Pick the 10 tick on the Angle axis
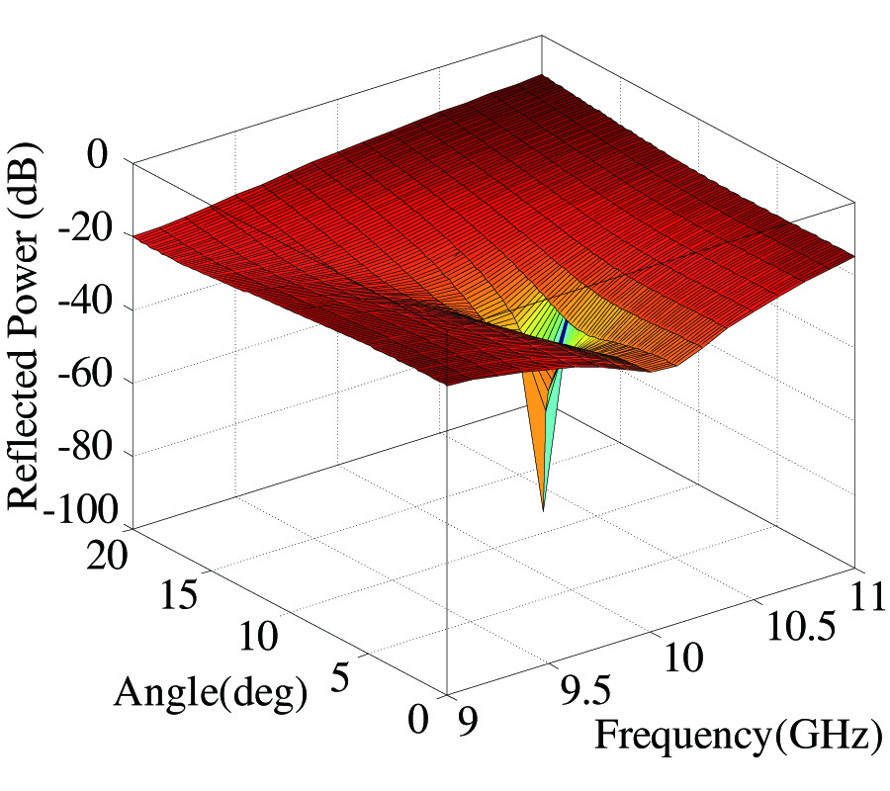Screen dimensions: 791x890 (x=259, y=638)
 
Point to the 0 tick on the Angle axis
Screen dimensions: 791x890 (x=419, y=720)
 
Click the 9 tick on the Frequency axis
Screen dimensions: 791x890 (x=462, y=720)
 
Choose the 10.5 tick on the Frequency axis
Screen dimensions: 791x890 (x=797, y=623)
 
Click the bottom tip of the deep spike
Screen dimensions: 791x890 (x=543, y=509)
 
